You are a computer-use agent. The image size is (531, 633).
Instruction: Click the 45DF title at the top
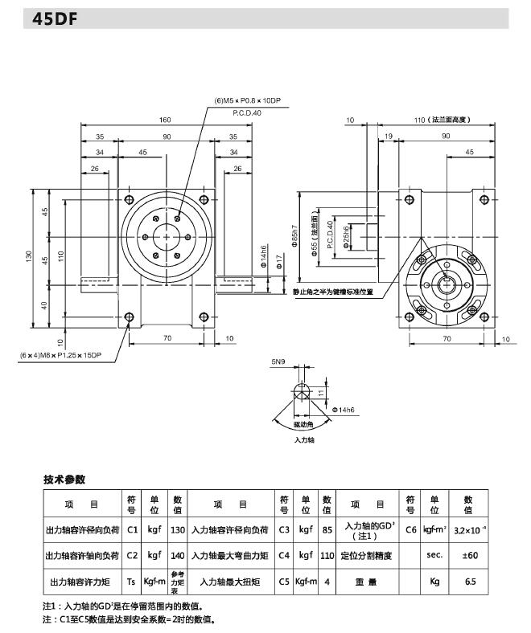coord(56,20)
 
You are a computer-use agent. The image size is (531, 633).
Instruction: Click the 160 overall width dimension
coord(165,120)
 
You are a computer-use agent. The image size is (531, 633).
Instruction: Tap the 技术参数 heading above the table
coord(64,480)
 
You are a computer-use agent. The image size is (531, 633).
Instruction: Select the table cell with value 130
coord(178,529)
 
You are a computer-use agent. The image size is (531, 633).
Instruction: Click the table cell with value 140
coord(178,555)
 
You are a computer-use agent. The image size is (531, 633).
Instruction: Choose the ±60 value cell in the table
coord(468,555)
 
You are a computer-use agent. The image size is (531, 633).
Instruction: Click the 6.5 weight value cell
coord(468,581)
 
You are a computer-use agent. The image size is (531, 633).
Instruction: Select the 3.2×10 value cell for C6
coord(468,529)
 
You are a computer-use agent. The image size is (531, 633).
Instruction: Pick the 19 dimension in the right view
coord(389,137)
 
